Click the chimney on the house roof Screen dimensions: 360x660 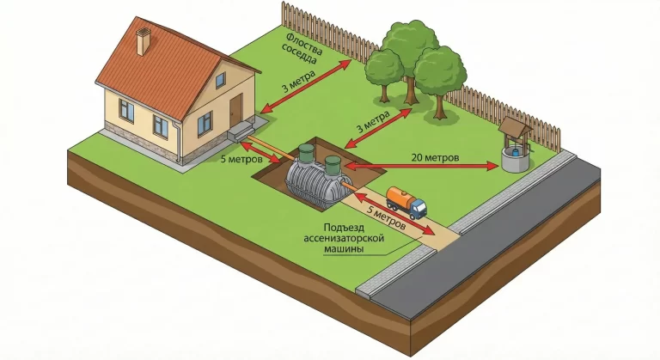click(144, 40)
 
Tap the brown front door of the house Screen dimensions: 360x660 click(236, 112)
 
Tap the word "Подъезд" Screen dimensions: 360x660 click(327, 227)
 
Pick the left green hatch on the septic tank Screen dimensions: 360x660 click(306, 155)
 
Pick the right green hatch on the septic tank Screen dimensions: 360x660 click(332, 163)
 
